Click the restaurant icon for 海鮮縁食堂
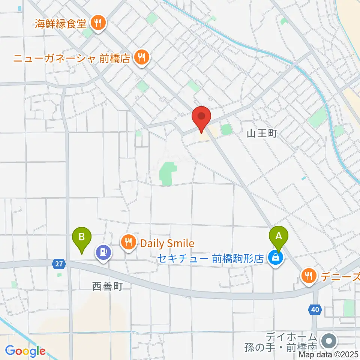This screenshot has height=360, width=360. (98, 24)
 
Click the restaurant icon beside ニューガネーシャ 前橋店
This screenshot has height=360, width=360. (141, 58)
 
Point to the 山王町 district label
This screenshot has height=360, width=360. (262, 133)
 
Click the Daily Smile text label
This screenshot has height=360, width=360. (167, 243)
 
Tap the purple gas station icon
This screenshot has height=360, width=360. (103, 251)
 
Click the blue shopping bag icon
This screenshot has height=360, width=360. (276, 258)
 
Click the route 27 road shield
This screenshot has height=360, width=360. (58, 264)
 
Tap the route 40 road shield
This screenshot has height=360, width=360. (315, 310)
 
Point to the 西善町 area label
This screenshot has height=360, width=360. (107, 287)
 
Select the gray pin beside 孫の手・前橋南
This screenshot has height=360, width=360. (330, 341)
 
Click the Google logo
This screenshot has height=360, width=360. (25, 351)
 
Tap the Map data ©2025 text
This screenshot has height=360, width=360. (329, 354)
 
